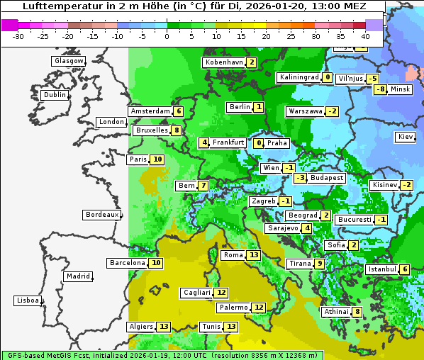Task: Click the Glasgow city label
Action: (68, 61)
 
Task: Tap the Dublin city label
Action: (54, 95)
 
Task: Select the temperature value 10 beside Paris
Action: (157, 159)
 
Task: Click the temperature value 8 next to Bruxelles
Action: (177, 130)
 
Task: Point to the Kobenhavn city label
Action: (224, 62)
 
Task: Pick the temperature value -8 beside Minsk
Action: (380, 89)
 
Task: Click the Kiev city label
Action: (406, 137)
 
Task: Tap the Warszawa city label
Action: (305, 111)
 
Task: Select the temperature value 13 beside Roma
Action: (254, 255)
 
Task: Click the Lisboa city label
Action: (28, 300)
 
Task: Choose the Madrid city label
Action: (77, 276)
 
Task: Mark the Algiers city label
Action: (141, 327)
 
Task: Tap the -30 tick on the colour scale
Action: (18, 36)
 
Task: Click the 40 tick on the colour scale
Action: (365, 36)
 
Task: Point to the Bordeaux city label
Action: (101, 215)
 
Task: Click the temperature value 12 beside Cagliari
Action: (221, 293)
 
